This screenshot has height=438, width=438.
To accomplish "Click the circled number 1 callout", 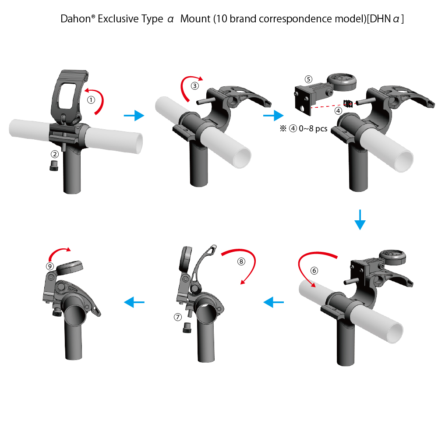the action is coord(91,100).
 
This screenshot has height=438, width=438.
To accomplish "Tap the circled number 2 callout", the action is coord(54,154).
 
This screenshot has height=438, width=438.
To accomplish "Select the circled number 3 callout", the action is coord(195,86).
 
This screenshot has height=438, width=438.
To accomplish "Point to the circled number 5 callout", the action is coord(308,79).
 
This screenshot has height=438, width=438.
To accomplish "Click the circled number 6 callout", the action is coord(314,270).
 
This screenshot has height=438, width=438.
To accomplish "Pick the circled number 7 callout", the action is coord(178,317).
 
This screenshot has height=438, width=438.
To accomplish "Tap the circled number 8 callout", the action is coord(241,261).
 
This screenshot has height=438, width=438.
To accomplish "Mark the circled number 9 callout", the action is coord(50,266).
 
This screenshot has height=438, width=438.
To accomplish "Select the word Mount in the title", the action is coord(195,19).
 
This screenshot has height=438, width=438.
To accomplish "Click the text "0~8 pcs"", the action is coord(313,128).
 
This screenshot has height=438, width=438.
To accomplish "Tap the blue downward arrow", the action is coord(360,219).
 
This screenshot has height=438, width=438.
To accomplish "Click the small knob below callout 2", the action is coord(54,166).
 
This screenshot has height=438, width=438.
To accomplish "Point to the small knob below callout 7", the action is coord(187,327).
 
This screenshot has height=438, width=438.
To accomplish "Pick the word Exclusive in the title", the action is coord(131,19).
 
